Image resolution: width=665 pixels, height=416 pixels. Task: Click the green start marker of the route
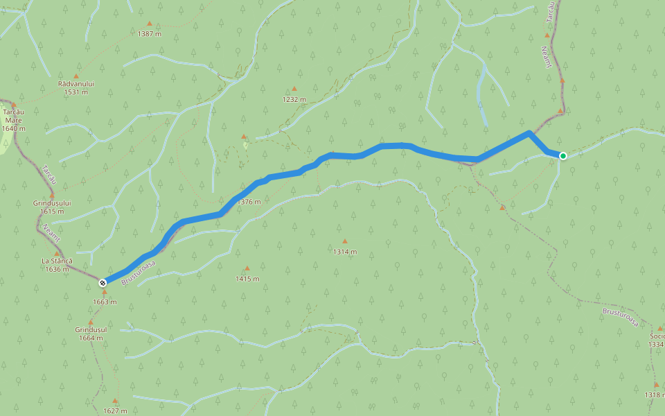(563, 155)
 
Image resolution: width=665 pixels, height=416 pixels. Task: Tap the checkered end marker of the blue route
(103, 282)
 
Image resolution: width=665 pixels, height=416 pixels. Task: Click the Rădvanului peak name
(76, 83)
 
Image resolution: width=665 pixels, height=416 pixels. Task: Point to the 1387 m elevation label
(149, 33)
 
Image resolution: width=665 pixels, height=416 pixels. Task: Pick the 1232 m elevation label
(294, 99)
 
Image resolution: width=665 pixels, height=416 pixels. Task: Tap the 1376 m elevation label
(249, 202)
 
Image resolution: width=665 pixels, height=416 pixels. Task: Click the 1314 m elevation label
(344, 252)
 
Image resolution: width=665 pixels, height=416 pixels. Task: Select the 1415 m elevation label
(247, 279)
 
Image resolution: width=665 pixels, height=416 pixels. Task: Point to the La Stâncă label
(57, 261)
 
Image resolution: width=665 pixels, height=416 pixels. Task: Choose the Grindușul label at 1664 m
(91, 329)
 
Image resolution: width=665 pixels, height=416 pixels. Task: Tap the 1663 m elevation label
(105, 302)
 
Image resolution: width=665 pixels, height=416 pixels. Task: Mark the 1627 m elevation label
(115, 410)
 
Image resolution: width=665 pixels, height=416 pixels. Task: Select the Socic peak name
(656, 336)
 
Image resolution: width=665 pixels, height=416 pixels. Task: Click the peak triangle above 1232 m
(294, 89)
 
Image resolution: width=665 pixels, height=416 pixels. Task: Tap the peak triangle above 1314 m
(344, 241)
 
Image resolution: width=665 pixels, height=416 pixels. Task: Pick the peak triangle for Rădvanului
(76, 76)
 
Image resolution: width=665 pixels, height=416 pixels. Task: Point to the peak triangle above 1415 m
(247, 268)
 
